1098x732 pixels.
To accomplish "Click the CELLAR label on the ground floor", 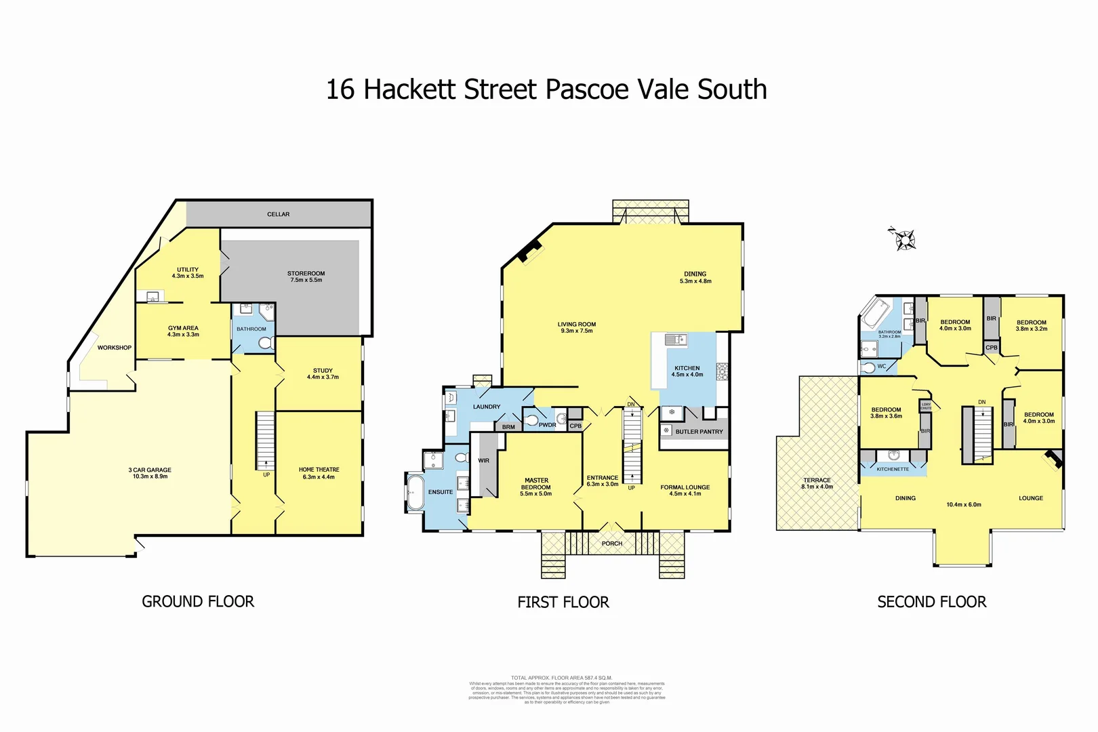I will [278, 214].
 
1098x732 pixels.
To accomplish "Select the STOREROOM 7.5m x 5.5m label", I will [306, 277].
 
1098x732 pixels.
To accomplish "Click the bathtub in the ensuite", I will [414, 492].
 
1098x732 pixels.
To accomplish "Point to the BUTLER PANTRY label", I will [699, 432].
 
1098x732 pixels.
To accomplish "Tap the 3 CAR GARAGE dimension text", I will [150, 476].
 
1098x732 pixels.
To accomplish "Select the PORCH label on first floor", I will [611, 544].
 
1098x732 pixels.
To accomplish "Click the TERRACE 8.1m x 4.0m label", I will [817, 483].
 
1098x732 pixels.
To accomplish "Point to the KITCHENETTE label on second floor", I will [893, 469].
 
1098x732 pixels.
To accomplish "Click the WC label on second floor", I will [881, 367].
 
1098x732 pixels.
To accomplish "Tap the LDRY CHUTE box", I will [926, 407].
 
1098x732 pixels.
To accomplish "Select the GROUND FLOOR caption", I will [198, 601].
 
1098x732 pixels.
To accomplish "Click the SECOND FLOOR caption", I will [931, 602].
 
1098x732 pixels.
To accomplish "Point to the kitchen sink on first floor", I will [675, 340].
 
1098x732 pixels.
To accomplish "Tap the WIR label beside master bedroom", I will [483, 461].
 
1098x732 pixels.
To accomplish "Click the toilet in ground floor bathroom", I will [266, 343].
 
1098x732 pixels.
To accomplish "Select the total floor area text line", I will [561, 678].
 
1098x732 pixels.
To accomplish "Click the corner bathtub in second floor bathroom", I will [876, 314].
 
